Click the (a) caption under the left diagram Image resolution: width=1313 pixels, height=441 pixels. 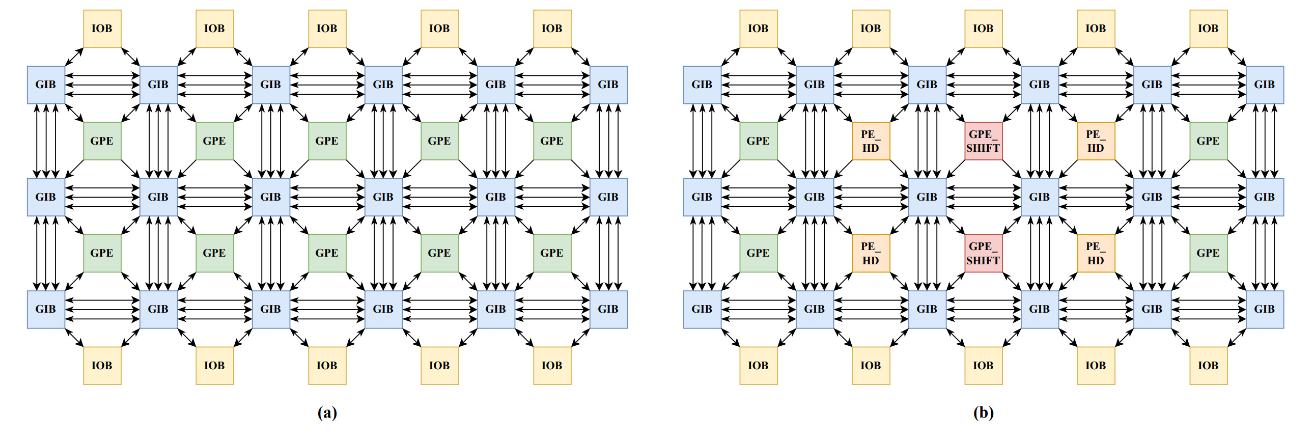click(x=327, y=412)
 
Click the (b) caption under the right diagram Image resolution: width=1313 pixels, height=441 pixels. click(x=983, y=412)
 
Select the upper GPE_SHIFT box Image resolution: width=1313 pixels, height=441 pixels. click(x=983, y=141)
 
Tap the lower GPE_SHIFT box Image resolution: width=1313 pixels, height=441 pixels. click(x=983, y=254)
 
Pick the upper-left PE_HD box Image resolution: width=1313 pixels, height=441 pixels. click(x=871, y=141)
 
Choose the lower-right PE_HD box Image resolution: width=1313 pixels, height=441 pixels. click(x=1096, y=254)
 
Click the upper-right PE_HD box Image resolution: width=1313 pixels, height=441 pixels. click(x=1096, y=141)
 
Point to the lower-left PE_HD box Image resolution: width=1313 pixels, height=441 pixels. click(x=871, y=254)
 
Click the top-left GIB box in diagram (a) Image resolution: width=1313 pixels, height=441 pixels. click(x=46, y=85)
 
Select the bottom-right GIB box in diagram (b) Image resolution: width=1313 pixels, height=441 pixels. click(x=1265, y=310)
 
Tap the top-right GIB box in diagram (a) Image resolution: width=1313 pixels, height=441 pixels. click(x=608, y=85)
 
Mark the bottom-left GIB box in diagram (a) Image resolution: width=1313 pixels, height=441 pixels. click(x=46, y=310)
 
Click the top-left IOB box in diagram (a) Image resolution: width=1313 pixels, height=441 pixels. click(x=102, y=29)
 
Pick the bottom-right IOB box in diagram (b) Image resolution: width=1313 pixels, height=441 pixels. click(x=1209, y=366)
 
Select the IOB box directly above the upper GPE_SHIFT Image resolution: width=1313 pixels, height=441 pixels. click(x=983, y=29)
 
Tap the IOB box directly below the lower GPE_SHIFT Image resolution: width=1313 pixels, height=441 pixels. click(x=983, y=366)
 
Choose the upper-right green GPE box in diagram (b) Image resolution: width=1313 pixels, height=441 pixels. click(x=1209, y=141)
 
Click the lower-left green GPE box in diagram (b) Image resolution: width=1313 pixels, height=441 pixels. click(x=759, y=254)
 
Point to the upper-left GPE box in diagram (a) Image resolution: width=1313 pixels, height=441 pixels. click(x=102, y=141)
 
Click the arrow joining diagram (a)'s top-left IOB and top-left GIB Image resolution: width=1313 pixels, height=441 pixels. click(x=74, y=57)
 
